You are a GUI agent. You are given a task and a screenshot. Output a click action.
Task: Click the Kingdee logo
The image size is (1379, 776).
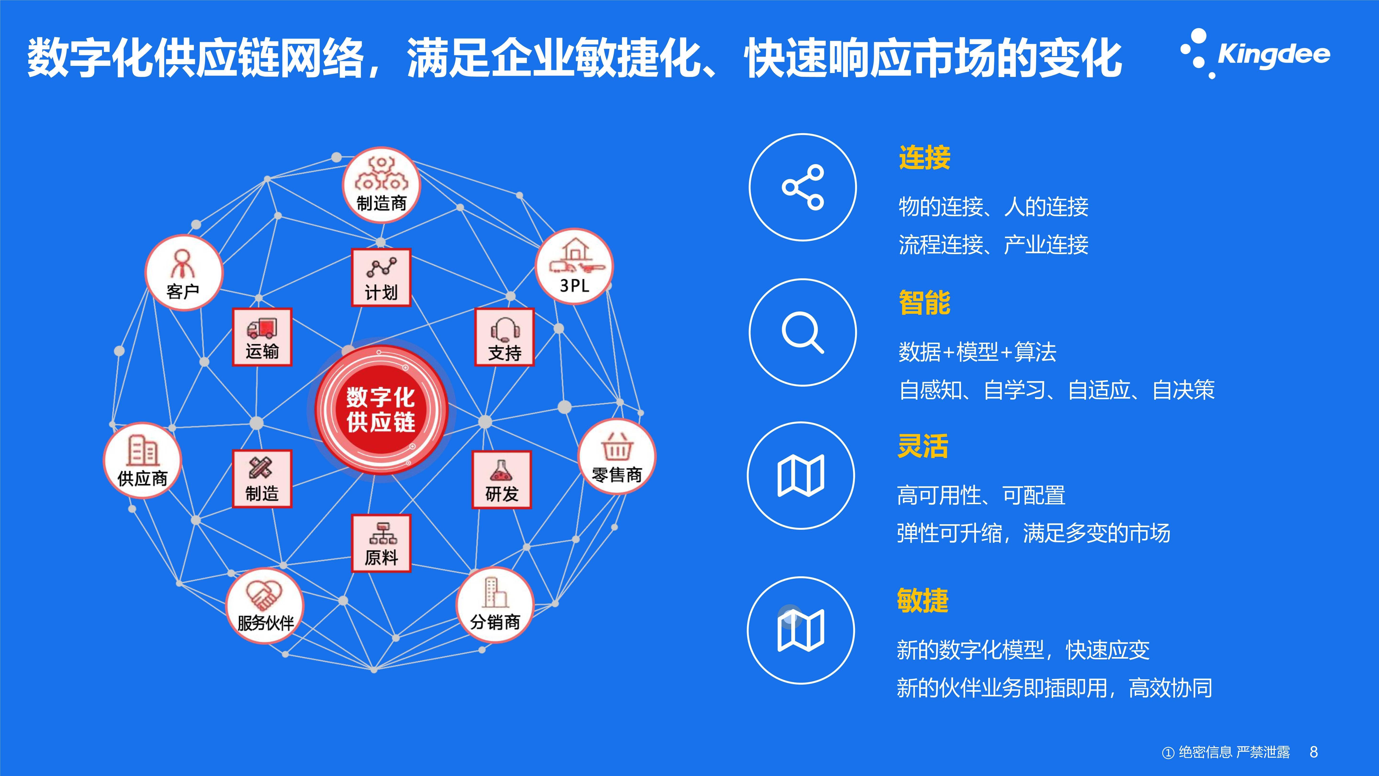tap(1255, 54)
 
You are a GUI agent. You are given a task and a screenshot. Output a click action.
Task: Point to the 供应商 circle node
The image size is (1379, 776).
tap(142, 461)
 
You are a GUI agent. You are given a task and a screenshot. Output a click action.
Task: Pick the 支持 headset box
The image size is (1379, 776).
tap(504, 337)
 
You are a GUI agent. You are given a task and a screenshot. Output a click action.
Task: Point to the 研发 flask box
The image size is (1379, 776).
tap(502, 479)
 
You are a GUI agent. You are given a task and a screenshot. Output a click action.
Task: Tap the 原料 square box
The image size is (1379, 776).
tap(381, 543)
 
